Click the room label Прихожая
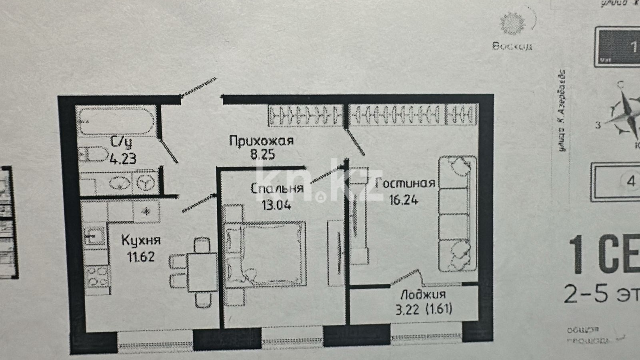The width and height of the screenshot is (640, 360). pyautogui.click(x=261, y=141)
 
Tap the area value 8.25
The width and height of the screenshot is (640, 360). pyautogui.click(x=262, y=154)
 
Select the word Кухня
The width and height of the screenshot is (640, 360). pyautogui.click(x=141, y=240)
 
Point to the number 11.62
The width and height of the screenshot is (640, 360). pyautogui.click(x=141, y=256)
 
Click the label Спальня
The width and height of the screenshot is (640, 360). pyautogui.click(x=277, y=188)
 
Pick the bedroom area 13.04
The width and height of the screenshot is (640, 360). pyautogui.click(x=276, y=205)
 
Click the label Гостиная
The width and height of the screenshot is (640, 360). pyautogui.click(x=405, y=183)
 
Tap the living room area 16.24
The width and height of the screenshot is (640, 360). pyautogui.click(x=404, y=200)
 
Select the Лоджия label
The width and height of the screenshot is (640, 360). pyautogui.click(x=423, y=295)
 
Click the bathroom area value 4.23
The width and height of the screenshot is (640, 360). pyautogui.click(x=123, y=159)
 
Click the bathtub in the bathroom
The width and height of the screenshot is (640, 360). pyautogui.click(x=116, y=122)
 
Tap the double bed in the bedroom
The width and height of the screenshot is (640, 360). pyautogui.click(x=266, y=254)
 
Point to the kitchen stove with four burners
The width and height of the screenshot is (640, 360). pyautogui.click(x=97, y=277)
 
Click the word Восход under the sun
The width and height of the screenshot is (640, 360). pyautogui.click(x=512, y=46)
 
